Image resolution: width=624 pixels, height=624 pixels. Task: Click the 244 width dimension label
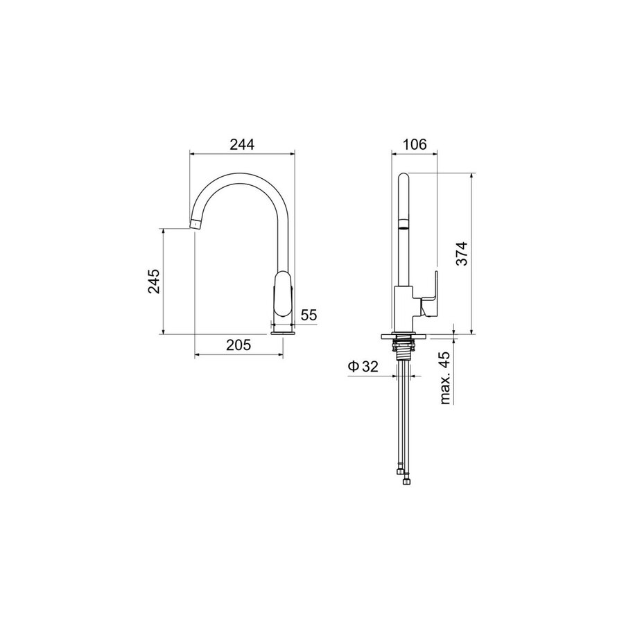point(241,144)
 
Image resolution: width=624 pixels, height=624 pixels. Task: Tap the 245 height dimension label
point(154,281)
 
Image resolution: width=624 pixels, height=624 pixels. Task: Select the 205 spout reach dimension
point(239,345)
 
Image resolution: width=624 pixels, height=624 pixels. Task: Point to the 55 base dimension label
point(309,315)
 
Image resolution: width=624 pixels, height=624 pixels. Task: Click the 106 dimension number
point(415,144)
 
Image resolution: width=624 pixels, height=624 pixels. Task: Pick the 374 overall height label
point(462,254)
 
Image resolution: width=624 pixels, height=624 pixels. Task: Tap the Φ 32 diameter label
point(363,366)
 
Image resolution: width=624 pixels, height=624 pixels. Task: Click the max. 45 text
point(446,377)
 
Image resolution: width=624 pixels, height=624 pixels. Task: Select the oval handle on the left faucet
point(284,293)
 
